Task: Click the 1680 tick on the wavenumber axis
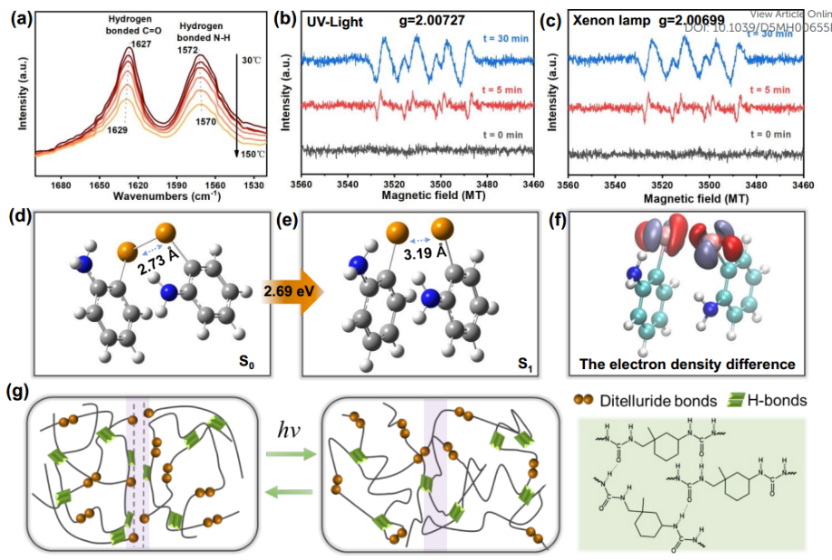[x=61, y=185]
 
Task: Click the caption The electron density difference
[x=688, y=364]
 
